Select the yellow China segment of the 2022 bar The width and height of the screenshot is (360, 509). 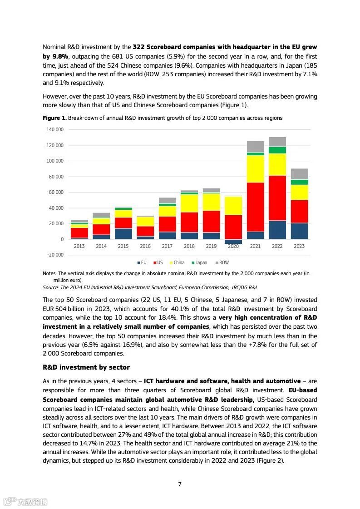[x=277, y=164]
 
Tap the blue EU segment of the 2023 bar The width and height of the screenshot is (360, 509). [x=299, y=231]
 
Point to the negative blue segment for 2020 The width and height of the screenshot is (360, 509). [x=233, y=242]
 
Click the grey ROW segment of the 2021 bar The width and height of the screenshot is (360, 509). [x=255, y=146]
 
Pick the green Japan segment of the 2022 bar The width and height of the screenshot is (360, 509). [x=277, y=150]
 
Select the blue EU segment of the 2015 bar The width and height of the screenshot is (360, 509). [x=123, y=233]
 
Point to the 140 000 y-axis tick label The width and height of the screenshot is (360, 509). [x=55, y=130]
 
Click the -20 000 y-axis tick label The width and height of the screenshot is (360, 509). [x=55, y=255]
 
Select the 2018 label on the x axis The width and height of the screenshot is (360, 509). [x=189, y=246]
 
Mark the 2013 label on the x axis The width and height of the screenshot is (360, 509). [x=79, y=246]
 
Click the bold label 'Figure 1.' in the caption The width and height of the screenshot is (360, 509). [x=54, y=118]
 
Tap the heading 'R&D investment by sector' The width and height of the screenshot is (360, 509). [x=86, y=367]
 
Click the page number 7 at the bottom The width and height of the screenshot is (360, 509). [x=180, y=484]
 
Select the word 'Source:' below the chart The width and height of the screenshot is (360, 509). [x=51, y=287]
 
